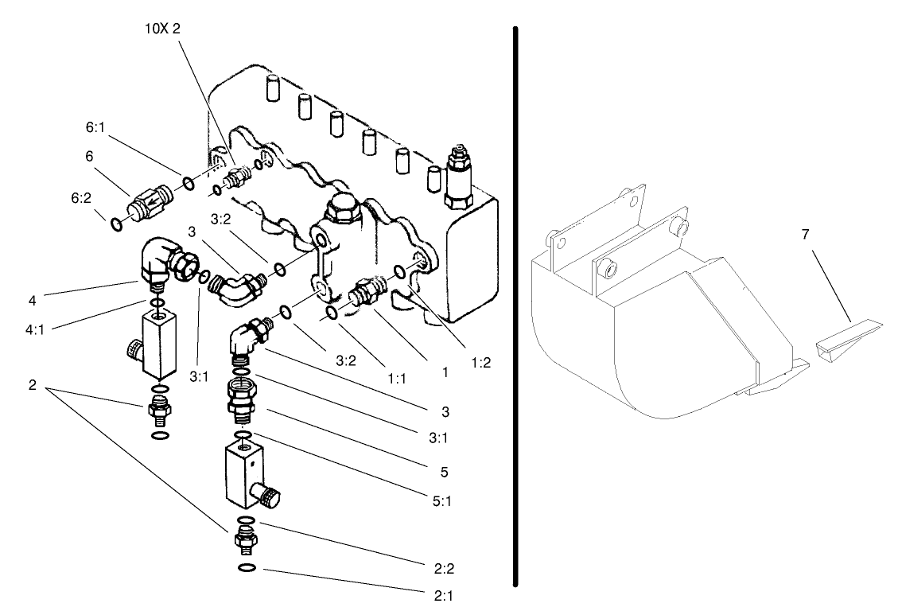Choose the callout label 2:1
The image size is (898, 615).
445,594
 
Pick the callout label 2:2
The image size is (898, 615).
445,569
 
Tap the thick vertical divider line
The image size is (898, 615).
516,307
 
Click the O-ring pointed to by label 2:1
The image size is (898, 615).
247,568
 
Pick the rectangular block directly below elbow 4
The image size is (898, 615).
157,344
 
